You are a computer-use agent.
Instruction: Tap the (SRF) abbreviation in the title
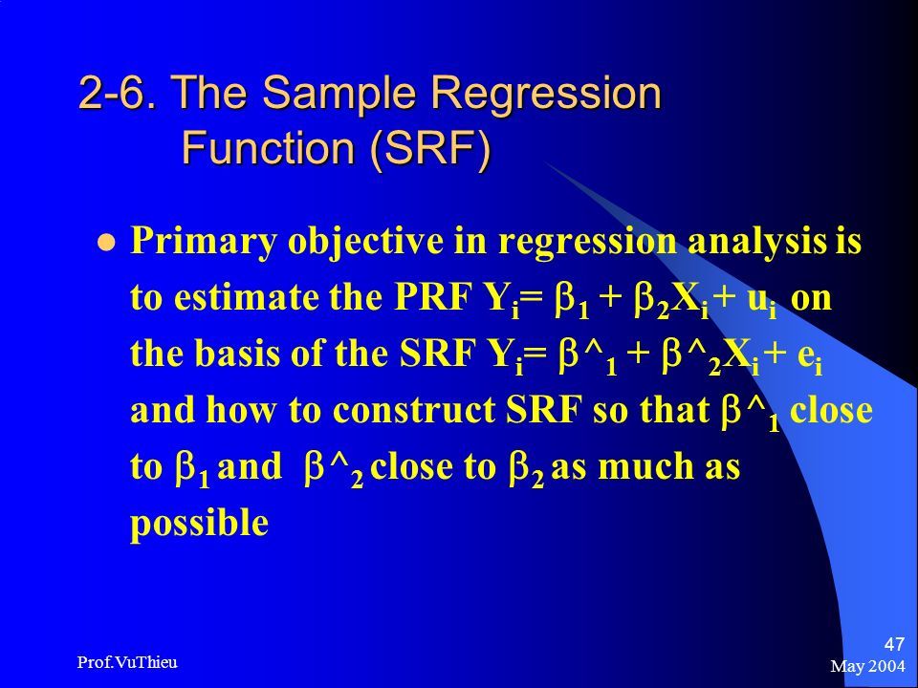click(x=430, y=147)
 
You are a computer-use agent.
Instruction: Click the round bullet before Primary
click(x=106, y=241)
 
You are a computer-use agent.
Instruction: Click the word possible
click(x=199, y=523)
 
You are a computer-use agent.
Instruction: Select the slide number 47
click(x=894, y=644)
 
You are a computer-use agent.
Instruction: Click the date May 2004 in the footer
click(x=867, y=666)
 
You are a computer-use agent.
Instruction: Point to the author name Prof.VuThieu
click(x=127, y=662)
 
